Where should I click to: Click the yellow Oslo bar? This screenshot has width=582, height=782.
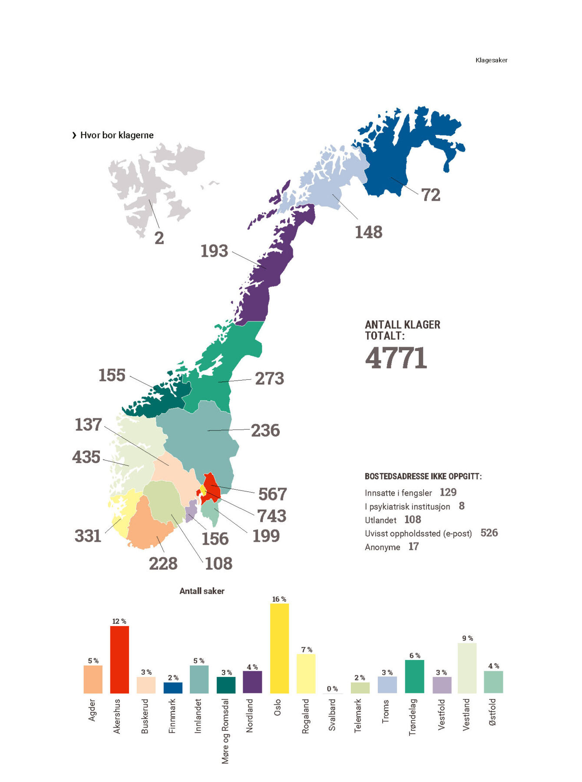pyautogui.click(x=279, y=648)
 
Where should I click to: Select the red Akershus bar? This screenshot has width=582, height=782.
pyautogui.click(x=119, y=659)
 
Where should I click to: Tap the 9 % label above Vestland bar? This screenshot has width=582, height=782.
pyautogui.click(x=467, y=638)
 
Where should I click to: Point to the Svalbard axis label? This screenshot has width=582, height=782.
pyautogui.click(x=332, y=715)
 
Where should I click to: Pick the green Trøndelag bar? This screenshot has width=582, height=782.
pyautogui.click(x=414, y=676)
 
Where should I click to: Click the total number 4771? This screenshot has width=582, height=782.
pyautogui.click(x=396, y=358)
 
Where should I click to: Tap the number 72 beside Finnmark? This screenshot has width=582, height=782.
pyautogui.click(x=430, y=195)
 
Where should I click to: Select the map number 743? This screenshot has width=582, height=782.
pyautogui.click(x=272, y=516)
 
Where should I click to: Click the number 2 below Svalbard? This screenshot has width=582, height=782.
pyautogui.click(x=159, y=238)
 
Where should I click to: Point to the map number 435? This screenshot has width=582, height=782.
pyautogui.click(x=86, y=457)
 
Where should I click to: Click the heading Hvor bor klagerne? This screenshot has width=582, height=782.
pyautogui.click(x=116, y=135)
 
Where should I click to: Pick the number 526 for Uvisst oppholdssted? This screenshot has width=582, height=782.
pyautogui.click(x=489, y=533)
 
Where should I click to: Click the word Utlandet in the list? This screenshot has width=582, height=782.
pyautogui.click(x=380, y=520)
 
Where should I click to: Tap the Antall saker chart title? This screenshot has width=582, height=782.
pyautogui.click(x=202, y=591)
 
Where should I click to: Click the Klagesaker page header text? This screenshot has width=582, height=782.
pyautogui.click(x=491, y=60)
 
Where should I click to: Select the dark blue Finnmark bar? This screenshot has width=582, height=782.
pyautogui.click(x=173, y=688)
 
